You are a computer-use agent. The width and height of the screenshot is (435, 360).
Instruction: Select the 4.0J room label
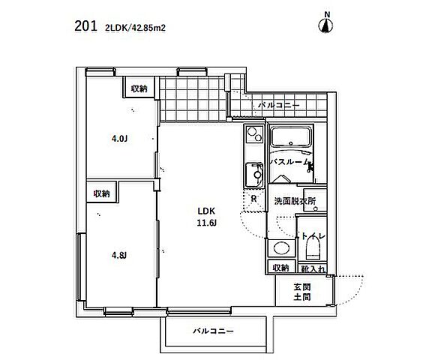pyautogui.click(x=118, y=138)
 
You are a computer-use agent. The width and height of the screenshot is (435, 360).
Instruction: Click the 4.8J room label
pyautogui.click(x=118, y=256)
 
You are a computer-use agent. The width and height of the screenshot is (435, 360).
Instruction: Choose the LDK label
pyautogui.click(x=206, y=210)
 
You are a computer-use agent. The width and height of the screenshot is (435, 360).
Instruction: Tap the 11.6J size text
pyautogui.click(x=206, y=223)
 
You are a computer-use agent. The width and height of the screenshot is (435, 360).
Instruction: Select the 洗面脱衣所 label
pyautogui.click(x=300, y=201)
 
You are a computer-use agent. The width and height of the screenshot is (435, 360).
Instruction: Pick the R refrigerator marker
pyautogui.click(x=254, y=199)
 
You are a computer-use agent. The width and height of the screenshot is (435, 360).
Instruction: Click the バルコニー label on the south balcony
pyautogui.click(x=213, y=331)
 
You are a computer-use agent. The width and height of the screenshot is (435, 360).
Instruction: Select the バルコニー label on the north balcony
pyautogui.click(x=279, y=106)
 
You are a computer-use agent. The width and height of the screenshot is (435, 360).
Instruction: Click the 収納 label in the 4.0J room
pyautogui.click(x=139, y=88)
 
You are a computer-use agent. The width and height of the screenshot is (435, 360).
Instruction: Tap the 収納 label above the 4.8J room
pyautogui.click(x=101, y=193)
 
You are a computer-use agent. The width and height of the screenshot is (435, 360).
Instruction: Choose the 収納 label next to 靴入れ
pyautogui.click(x=280, y=268)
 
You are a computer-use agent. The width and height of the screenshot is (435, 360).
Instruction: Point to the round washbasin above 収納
pyautogui.click(x=280, y=248)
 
